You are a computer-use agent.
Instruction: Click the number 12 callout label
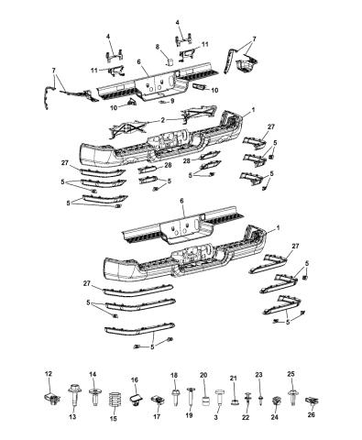tap(49, 374)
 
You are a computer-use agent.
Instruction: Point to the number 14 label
tap(93, 375)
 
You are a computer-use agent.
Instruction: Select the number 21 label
tap(233, 378)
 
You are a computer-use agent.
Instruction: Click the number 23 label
tap(258, 375)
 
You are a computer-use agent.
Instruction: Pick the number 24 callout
tap(275, 416)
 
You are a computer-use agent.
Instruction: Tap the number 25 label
tap(291, 375)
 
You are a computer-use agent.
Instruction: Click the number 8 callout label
tap(156, 45)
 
